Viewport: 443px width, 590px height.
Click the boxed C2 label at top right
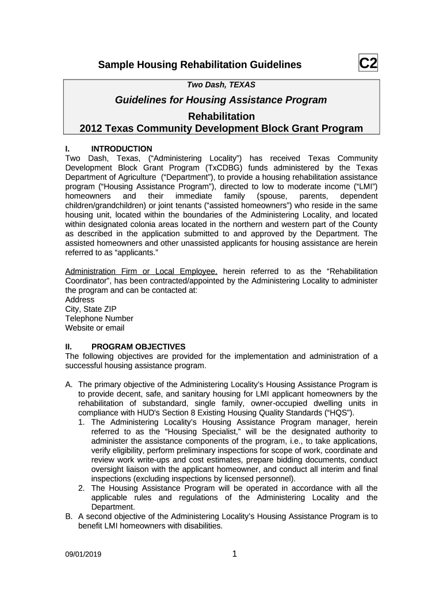point(368,63)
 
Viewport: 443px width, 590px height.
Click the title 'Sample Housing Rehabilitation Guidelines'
point(200,65)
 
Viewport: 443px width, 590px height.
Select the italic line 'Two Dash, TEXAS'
point(221,85)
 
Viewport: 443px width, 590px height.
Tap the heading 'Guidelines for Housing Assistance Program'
point(221,100)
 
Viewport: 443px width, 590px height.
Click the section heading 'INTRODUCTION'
point(122,149)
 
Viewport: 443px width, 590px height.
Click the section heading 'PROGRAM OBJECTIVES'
point(139,347)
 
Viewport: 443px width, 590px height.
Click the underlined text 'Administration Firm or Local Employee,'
point(142,271)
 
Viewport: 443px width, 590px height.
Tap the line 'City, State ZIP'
point(91,309)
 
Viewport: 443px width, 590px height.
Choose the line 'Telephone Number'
point(99,319)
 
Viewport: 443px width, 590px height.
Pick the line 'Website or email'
point(95,328)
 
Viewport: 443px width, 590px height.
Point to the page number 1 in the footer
point(234,554)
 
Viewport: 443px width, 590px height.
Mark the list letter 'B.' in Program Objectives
point(69,516)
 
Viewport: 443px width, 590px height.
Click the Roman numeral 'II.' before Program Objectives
point(68,347)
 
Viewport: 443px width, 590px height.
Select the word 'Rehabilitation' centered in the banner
point(221,116)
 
